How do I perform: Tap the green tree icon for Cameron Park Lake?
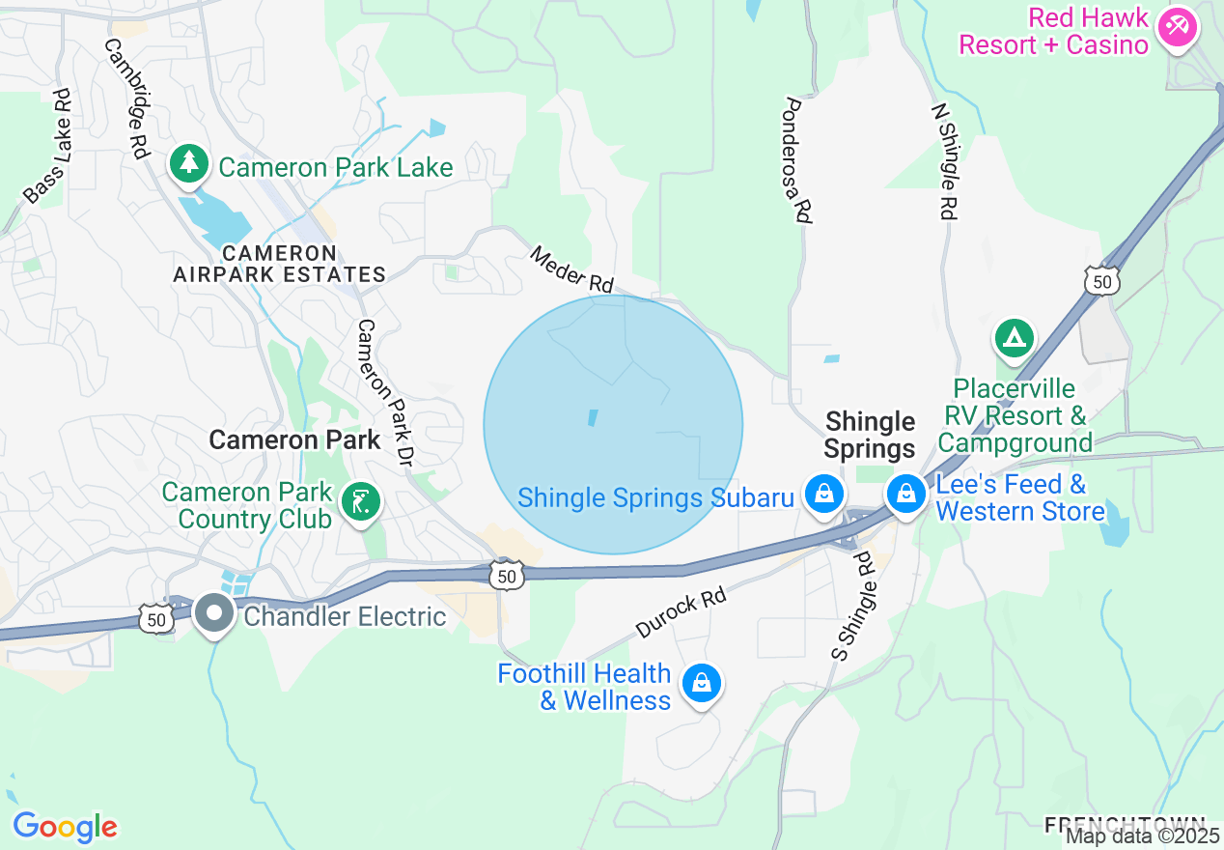[x=190, y=164]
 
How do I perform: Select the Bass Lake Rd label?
[x=49, y=147]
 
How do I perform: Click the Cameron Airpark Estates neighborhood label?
[x=280, y=264]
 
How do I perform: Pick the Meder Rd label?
[x=572, y=269]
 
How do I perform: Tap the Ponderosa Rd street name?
[x=796, y=160]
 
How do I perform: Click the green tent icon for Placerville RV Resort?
[x=1014, y=338]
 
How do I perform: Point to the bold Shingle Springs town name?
[x=870, y=435]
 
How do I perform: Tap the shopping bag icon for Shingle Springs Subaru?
[x=824, y=494]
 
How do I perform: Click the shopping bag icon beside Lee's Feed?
[x=905, y=494]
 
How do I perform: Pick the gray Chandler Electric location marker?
[x=213, y=612]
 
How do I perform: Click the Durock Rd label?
[x=681, y=613]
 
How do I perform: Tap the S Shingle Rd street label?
[x=852, y=607]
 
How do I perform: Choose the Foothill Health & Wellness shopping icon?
[x=701, y=683]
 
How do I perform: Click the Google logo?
[x=65, y=827]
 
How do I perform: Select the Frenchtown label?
[x=1124, y=824]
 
